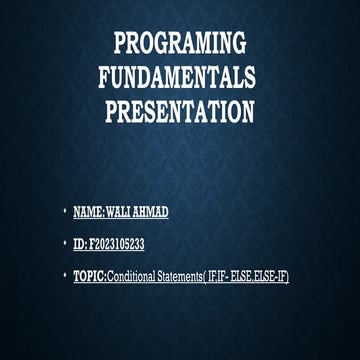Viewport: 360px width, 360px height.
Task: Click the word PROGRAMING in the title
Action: tap(179, 44)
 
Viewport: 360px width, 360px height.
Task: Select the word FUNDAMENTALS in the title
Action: tap(177, 79)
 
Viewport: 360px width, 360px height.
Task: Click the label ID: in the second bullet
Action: tap(80, 244)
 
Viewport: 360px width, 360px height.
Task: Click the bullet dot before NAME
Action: tap(63, 213)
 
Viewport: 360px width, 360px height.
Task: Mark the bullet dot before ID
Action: tap(63, 244)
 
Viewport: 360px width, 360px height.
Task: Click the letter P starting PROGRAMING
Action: tap(119, 44)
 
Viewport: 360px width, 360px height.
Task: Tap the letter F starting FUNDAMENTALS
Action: tap(105, 79)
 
